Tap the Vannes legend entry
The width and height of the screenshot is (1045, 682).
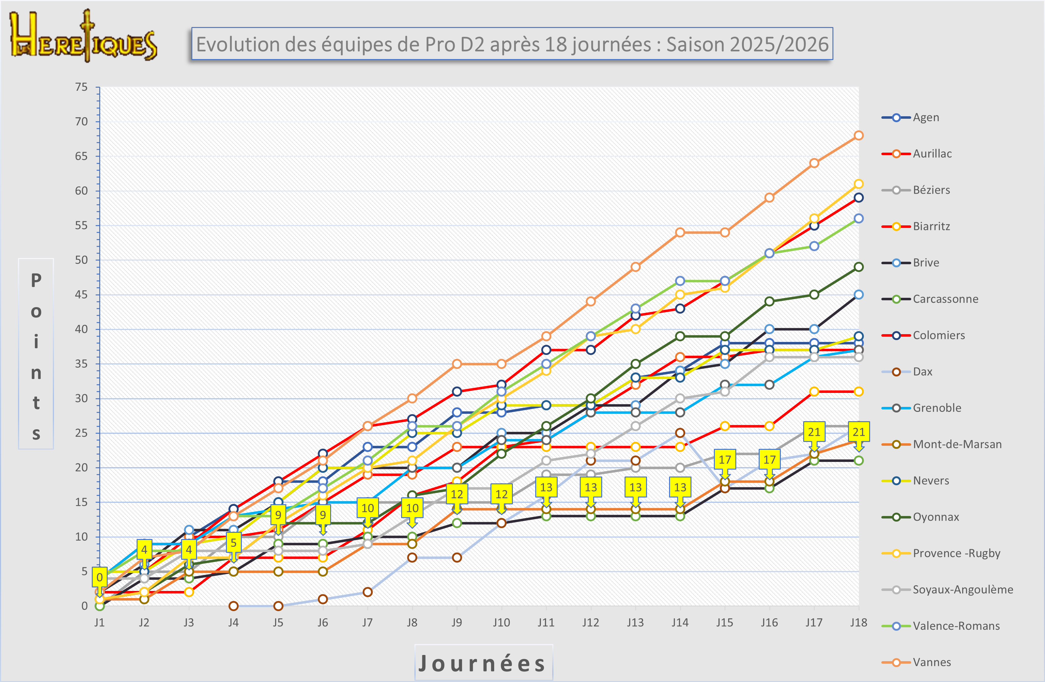[931, 662]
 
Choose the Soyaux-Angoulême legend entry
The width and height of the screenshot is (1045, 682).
[963, 589]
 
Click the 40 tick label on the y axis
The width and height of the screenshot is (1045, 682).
[81, 329]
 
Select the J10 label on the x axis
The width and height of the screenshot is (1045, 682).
[501, 622]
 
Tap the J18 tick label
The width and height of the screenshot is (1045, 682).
[858, 622]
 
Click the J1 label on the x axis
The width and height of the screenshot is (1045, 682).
[99, 622]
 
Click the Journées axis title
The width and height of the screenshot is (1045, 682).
[483, 663]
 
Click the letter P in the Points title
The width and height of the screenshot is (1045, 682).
[36, 281]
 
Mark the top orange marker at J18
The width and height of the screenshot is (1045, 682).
[858, 136]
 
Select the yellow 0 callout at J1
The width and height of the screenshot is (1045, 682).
[100, 577]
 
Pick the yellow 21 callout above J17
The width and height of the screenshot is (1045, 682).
[814, 432]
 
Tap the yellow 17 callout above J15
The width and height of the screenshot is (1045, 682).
[724, 460]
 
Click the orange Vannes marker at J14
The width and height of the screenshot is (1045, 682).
[680, 233]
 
